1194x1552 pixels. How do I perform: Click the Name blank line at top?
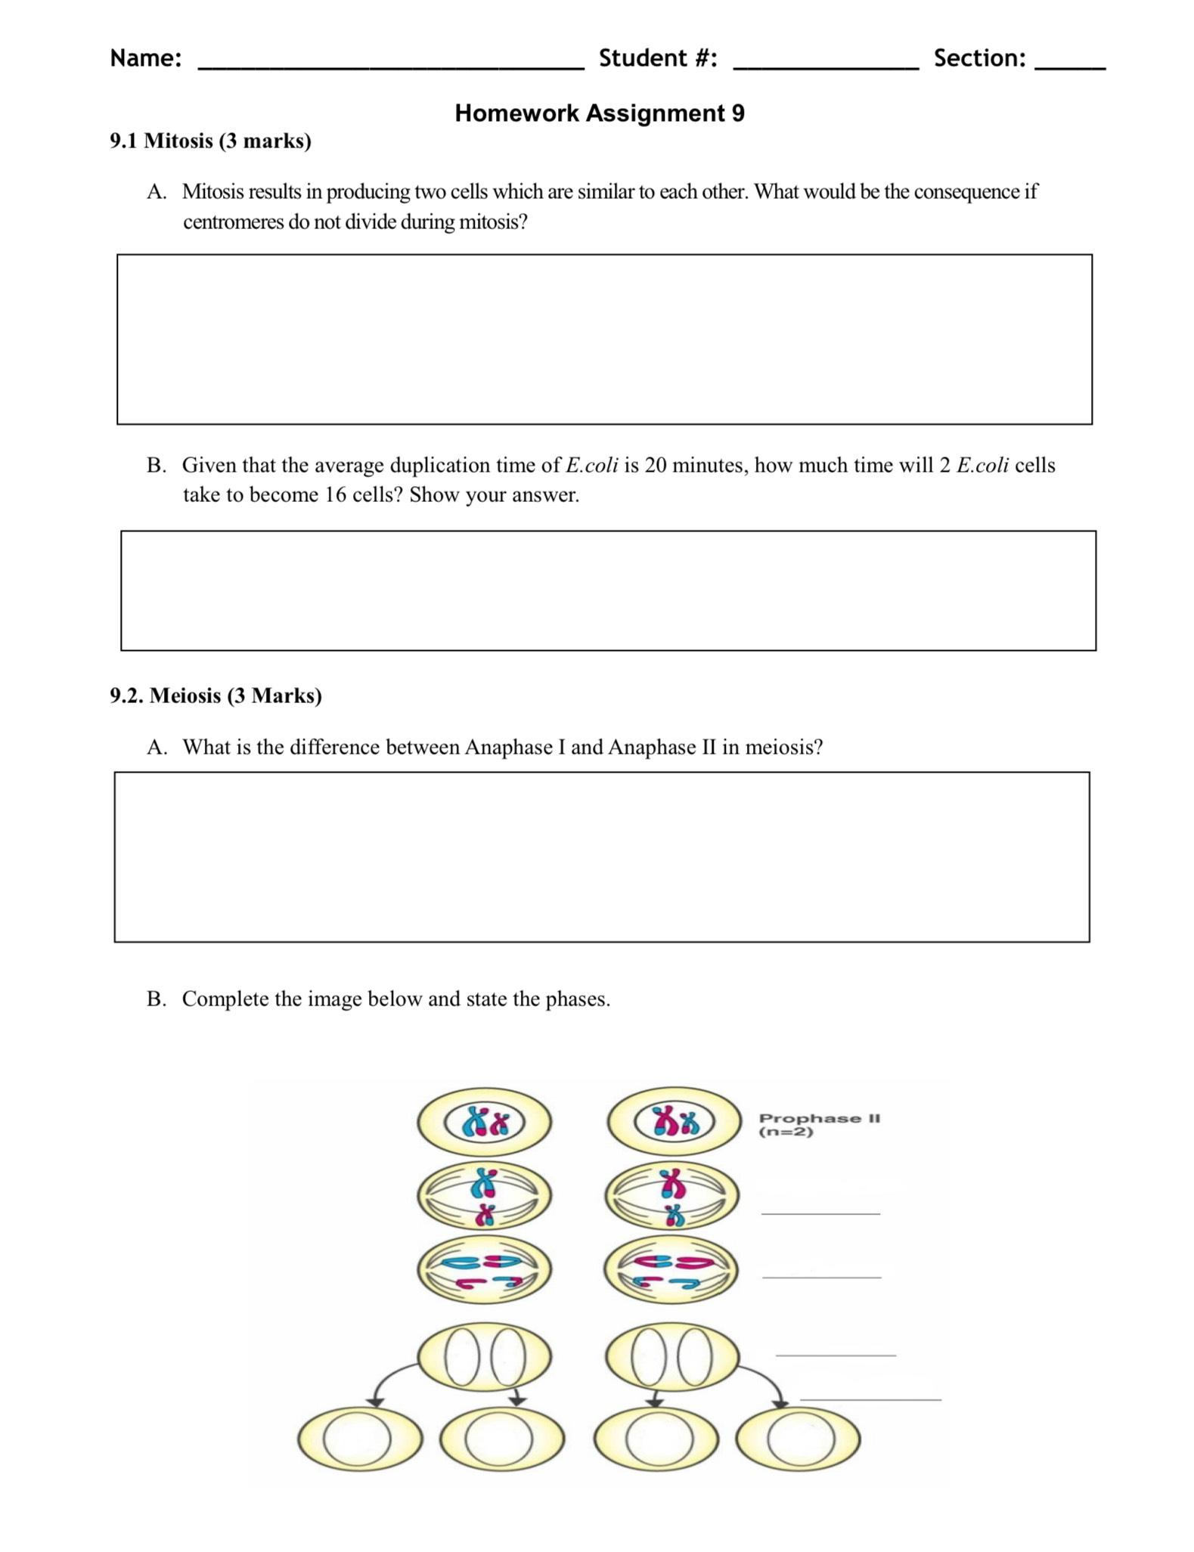tap(390, 67)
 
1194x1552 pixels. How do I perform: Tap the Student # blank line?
tap(826, 67)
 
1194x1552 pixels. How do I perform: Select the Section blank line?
tap(1069, 67)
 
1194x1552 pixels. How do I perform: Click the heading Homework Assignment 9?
tap(599, 113)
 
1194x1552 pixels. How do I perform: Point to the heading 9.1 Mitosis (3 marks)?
tap(210, 141)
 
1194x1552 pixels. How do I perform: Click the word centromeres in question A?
tap(233, 222)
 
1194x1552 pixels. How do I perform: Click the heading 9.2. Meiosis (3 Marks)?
tap(216, 695)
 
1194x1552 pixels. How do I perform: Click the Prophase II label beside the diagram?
tap(819, 1118)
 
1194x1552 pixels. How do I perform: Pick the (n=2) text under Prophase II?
tap(786, 1132)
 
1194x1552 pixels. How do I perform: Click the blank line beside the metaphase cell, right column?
tap(820, 1212)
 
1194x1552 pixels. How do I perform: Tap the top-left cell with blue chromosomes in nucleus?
tap(484, 1122)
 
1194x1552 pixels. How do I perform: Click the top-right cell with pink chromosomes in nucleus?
tap(673, 1122)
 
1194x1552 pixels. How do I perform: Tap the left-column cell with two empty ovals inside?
tap(484, 1356)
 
